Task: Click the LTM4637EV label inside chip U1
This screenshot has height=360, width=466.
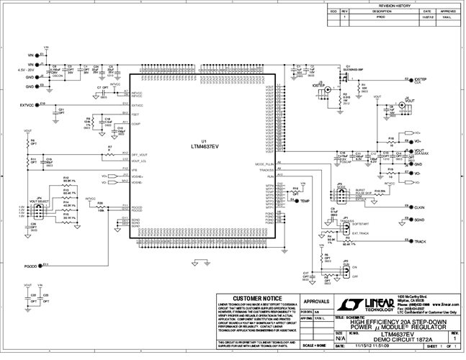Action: coord(205,146)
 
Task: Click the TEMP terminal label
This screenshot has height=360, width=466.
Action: coord(305,201)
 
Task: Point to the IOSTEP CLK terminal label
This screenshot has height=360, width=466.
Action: coord(423,80)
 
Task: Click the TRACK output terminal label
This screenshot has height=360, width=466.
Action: coord(420,242)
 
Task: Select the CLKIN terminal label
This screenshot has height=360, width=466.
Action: coord(420,207)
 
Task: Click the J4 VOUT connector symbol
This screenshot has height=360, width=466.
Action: coord(405,102)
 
